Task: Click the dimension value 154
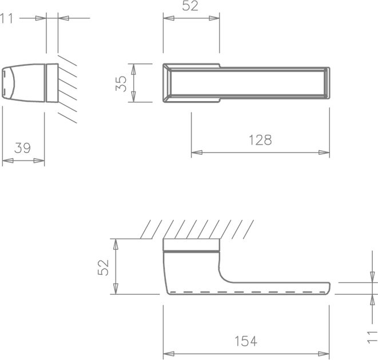246,341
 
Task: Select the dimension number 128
260,140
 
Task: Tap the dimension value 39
22,148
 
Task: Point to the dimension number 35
121,83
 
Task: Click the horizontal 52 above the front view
190,6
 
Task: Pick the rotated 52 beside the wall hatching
103,267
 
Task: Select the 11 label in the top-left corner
6,18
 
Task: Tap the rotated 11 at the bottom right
372,337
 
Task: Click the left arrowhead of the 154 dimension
169,354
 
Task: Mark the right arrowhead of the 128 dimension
324,153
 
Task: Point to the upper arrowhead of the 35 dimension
133,69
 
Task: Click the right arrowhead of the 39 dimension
39,161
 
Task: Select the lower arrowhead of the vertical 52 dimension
116,289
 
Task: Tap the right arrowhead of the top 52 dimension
214,18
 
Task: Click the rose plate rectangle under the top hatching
192,245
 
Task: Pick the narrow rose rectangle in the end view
52,83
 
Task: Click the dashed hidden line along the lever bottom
248,293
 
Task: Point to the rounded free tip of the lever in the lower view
329,288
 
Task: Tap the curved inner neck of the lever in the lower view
223,276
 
